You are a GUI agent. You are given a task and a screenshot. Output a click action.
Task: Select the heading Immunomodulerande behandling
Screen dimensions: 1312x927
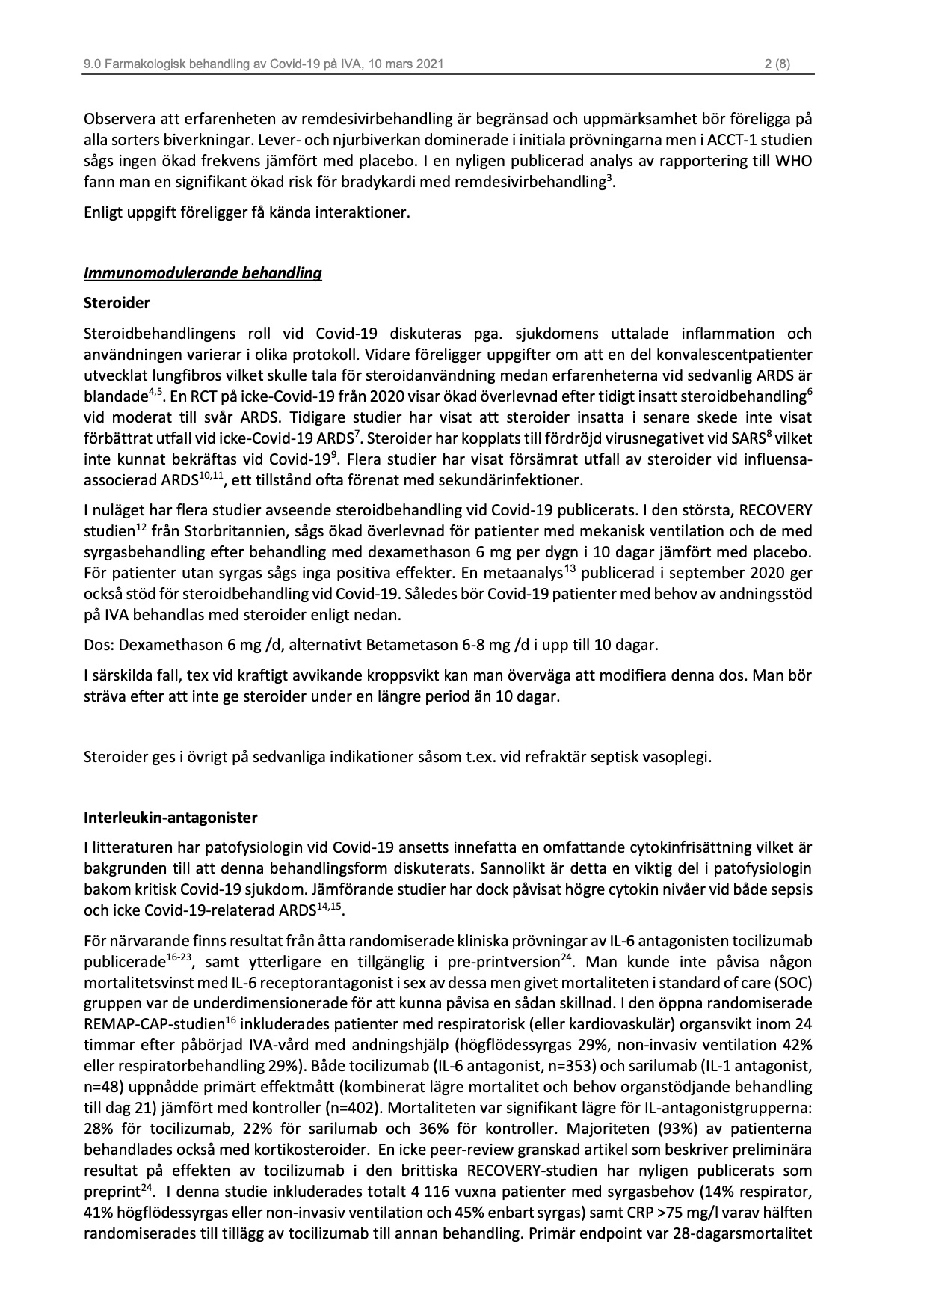[x=203, y=273]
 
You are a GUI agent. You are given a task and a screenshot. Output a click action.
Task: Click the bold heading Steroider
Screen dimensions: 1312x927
[x=117, y=303]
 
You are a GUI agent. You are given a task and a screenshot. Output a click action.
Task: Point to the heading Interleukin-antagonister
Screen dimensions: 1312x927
[x=170, y=818]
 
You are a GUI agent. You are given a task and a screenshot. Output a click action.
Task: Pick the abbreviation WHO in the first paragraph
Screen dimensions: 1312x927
[x=795, y=160]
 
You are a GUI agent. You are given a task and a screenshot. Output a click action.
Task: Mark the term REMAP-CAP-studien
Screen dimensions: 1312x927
[x=155, y=1024]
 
